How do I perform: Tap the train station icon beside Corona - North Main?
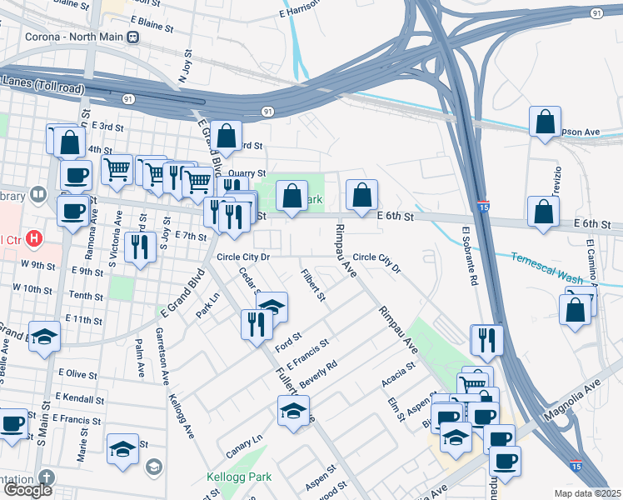(133, 37)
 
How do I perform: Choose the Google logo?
(27, 490)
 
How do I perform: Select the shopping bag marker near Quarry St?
(226, 135)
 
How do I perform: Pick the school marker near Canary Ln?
(292, 412)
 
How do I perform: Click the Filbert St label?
(314, 284)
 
